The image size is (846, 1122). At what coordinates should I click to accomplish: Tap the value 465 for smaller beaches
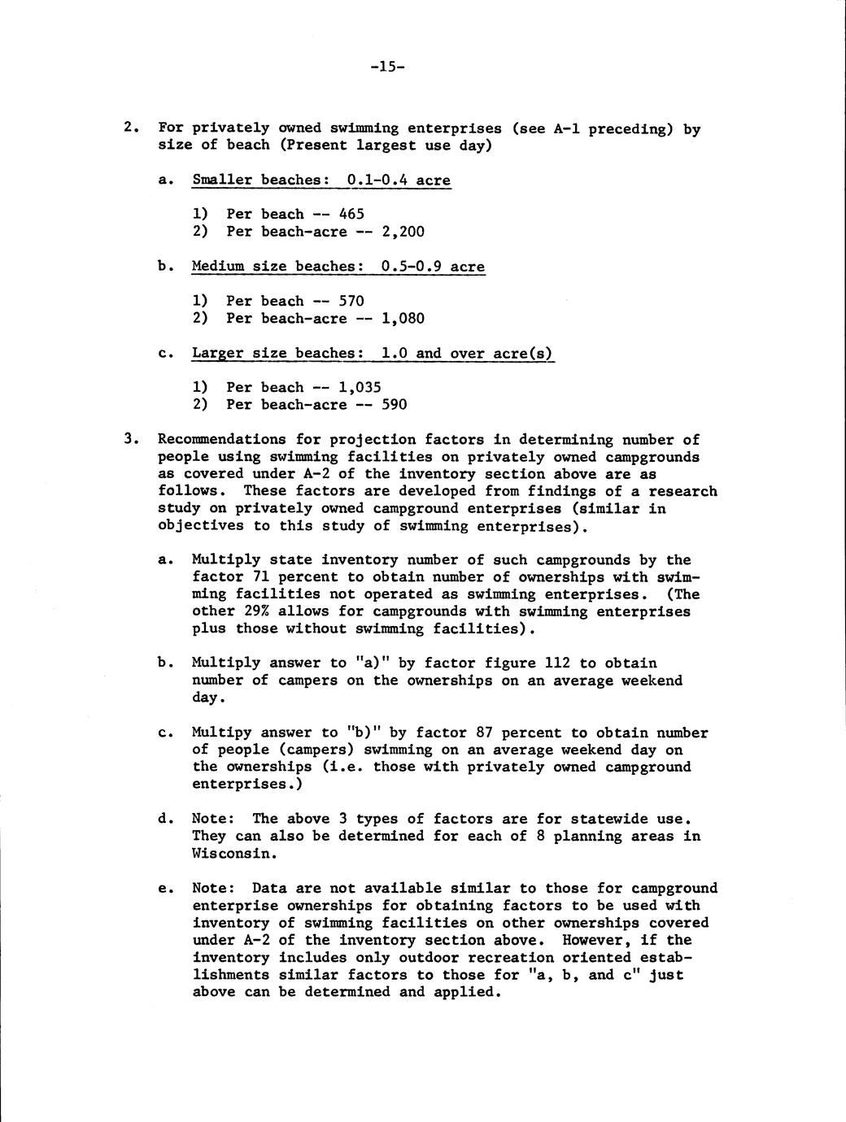click(351, 215)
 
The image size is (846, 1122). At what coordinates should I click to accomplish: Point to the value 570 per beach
click(351, 301)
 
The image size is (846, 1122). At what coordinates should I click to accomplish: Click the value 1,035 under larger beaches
click(360, 388)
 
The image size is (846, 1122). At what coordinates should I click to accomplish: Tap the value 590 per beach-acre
click(395, 405)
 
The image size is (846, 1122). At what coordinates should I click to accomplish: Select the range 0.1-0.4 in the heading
click(377, 180)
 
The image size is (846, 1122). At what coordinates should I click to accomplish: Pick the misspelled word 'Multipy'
click(222, 733)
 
